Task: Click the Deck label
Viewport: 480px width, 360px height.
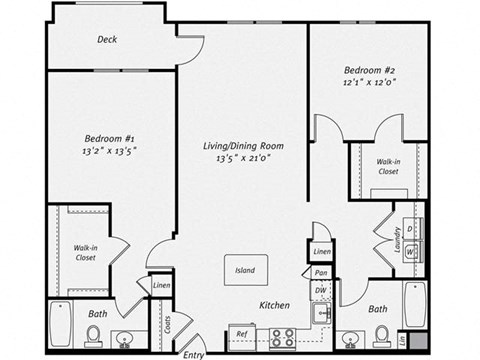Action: click(x=108, y=40)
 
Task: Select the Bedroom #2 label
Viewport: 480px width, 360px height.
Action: click(x=369, y=70)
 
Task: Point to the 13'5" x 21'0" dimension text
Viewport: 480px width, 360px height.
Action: click(x=244, y=158)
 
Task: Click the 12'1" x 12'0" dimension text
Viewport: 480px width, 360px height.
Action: click(x=369, y=83)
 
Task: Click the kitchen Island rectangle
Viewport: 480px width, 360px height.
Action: click(x=244, y=270)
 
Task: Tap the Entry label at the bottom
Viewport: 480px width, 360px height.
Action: click(x=194, y=353)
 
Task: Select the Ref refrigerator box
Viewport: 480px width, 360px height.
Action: click(x=241, y=335)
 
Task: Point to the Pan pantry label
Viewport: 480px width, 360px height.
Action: click(x=320, y=272)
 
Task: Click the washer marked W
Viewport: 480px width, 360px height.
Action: click(x=410, y=252)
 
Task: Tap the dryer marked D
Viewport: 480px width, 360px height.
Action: click(x=410, y=229)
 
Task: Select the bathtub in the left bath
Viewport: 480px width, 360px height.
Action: click(x=61, y=322)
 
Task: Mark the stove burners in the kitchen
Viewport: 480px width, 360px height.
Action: click(x=282, y=336)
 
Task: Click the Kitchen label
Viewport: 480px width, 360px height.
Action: click(x=274, y=305)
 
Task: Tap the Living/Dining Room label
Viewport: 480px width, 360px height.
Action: click(x=244, y=145)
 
